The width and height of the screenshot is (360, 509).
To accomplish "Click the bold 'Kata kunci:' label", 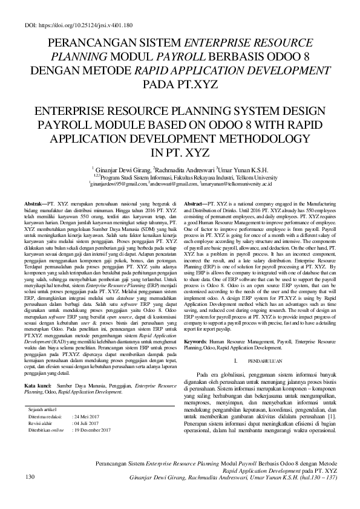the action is (x=37, y=351).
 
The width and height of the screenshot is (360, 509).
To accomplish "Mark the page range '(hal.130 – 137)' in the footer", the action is (x=315, y=478).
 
